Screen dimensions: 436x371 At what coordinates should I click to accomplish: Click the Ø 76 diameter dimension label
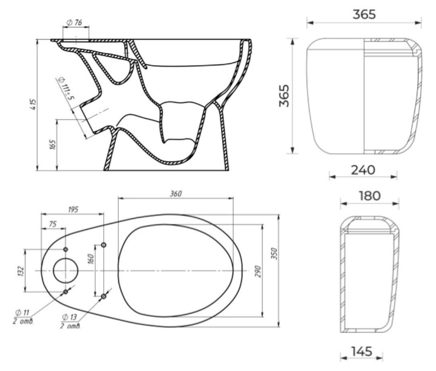point(75,22)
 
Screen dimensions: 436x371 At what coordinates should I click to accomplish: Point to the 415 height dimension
point(33,104)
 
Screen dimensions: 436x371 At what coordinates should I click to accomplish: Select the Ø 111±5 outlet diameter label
point(66,89)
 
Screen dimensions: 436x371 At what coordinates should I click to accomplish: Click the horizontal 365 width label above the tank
point(364,15)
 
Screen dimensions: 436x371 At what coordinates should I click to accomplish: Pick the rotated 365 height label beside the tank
point(284,96)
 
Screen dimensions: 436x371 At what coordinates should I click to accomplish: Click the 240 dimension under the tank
point(363,170)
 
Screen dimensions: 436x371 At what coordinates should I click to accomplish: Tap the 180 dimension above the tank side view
point(370,196)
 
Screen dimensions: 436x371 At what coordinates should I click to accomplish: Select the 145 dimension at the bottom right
point(361,352)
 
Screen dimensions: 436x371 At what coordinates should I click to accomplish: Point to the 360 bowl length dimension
point(175,194)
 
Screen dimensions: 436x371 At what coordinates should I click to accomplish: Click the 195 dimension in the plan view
point(73,209)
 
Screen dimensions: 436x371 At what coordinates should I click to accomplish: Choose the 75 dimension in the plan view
point(53,224)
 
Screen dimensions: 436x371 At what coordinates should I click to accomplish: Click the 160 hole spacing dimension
point(91,259)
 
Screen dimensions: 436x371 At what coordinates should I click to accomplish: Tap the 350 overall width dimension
point(274,254)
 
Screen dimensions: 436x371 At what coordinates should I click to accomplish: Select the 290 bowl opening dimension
point(257,271)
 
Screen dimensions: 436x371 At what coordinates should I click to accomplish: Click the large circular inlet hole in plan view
point(66,271)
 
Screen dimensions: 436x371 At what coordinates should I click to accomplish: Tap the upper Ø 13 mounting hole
point(103,245)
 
